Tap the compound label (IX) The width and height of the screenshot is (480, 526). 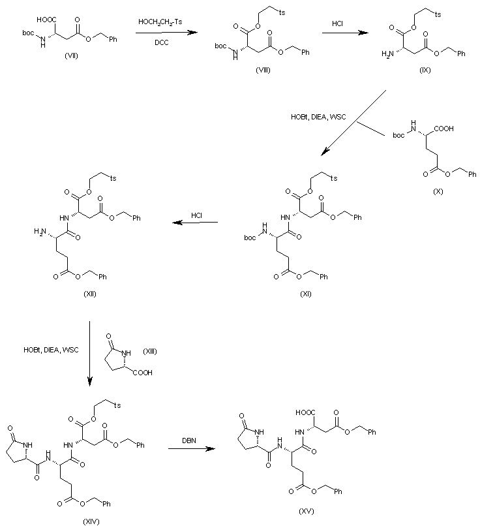pos(424,69)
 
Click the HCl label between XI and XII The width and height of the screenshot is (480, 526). pos(197,215)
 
